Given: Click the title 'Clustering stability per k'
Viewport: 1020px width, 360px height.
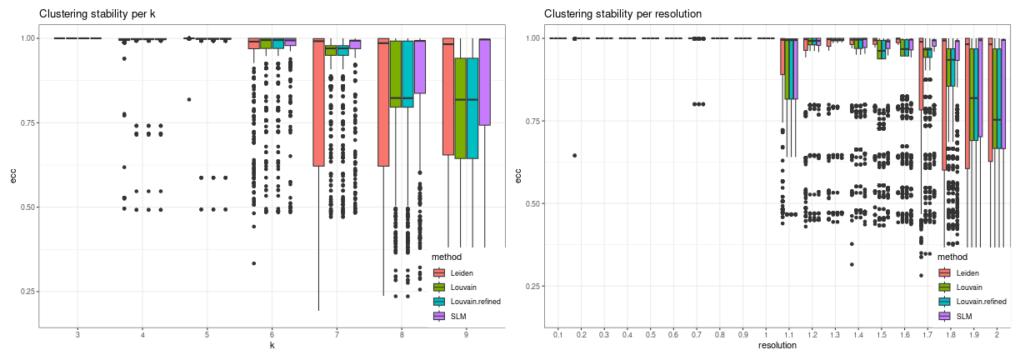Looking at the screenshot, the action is pyautogui.click(x=97, y=13).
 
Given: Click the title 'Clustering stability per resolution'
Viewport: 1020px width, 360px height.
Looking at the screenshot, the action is pyautogui.click(x=622, y=13).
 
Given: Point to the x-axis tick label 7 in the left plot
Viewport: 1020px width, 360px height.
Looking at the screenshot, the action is pyautogui.click(x=337, y=335).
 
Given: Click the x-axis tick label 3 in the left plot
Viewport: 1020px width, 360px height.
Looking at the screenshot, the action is pyautogui.click(x=77, y=335).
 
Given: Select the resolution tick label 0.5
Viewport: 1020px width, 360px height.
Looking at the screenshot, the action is pyautogui.click(x=650, y=335).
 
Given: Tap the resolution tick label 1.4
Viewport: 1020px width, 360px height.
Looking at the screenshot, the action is pyautogui.click(x=857, y=335).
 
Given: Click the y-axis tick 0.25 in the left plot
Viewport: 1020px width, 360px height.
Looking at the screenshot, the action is pyautogui.click(x=27, y=292).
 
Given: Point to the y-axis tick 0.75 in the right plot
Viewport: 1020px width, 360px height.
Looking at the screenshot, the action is pyautogui.click(x=533, y=121).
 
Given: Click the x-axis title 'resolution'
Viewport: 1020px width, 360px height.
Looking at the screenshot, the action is pyautogui.click(x=777, y=346).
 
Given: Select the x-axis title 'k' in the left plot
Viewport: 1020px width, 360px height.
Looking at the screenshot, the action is pyautogui.click(x=272, y=346).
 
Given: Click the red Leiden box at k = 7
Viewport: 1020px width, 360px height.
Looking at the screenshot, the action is pyautogui.click(x=318, y=102).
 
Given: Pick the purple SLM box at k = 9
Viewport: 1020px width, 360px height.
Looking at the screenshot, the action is pyautogui.click(x=484, y=82).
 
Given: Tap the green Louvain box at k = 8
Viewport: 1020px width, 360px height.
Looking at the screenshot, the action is pyautogui.click(x=396, y=73).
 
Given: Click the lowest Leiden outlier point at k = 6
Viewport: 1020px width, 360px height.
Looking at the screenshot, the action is pyautogui.click(x=254, y=263).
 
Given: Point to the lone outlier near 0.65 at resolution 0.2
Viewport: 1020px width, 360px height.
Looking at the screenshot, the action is pyautogui.click(x=575, y=155).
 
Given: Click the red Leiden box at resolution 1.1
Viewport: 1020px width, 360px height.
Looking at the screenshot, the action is pyautogui.click(x=782, y=57).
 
